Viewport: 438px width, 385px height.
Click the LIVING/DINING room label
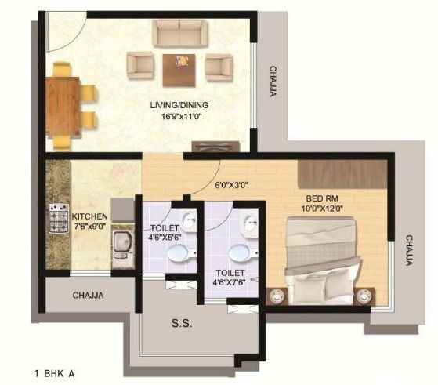click(x=179, y=105)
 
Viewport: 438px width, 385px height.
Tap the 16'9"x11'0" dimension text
click(x=181, y=117)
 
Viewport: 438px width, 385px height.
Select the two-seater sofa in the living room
click(x=180, y=33)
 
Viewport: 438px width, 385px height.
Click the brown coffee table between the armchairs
click(x=179, y=71)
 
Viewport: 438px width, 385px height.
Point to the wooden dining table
click(x=63, y=107)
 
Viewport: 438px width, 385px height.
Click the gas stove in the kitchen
click(x=59, y=218)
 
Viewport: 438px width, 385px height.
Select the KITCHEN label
click(x=89, y=216)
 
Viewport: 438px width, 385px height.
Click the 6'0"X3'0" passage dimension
click(x=232, y=185)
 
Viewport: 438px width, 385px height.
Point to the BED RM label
click(x=322, y=198)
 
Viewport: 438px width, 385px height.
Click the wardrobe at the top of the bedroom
click(x=342, y=175)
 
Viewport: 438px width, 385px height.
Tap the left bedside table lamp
click(x=277, y=296)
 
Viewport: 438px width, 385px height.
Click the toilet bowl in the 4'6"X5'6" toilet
click(x=181, y=252)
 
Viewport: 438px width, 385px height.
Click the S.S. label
click(x=182, y=324)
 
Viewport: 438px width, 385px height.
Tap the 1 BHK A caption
click(x=55, y=373)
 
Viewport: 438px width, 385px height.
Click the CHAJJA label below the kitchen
click(x=88, y=296)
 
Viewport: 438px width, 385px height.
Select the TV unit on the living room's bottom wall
click(x=216, y=147)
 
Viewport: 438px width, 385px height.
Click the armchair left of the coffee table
click(x=141, y=67)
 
